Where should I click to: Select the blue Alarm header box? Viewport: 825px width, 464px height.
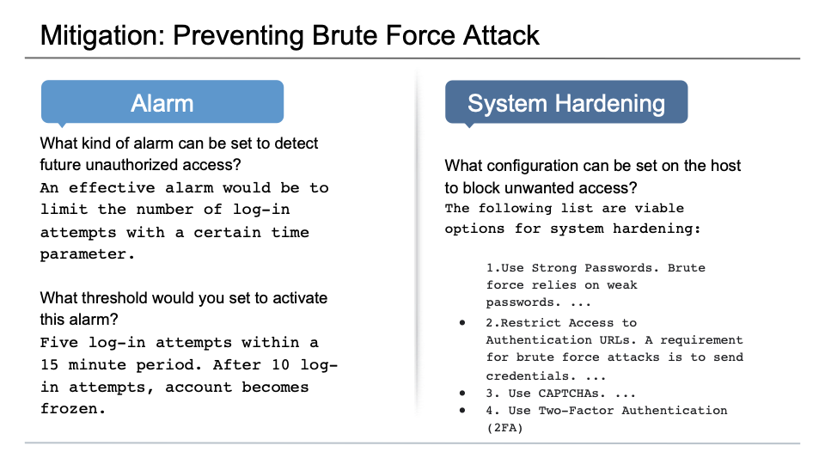(x=162, y=103)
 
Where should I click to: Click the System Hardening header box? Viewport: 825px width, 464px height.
(x=566, y=103)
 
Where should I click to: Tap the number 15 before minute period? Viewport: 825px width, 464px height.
(x=49, y=364)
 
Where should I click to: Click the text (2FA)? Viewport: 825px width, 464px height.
(x=504, y=427)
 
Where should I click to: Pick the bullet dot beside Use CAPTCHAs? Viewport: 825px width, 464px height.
(x=462, y=393)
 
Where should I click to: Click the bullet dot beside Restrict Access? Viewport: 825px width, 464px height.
(x=462, y=322)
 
